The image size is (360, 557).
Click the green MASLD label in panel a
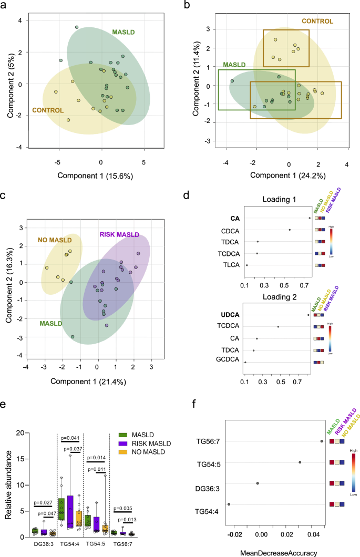point(124,32)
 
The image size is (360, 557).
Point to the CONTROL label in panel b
point(317,21)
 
